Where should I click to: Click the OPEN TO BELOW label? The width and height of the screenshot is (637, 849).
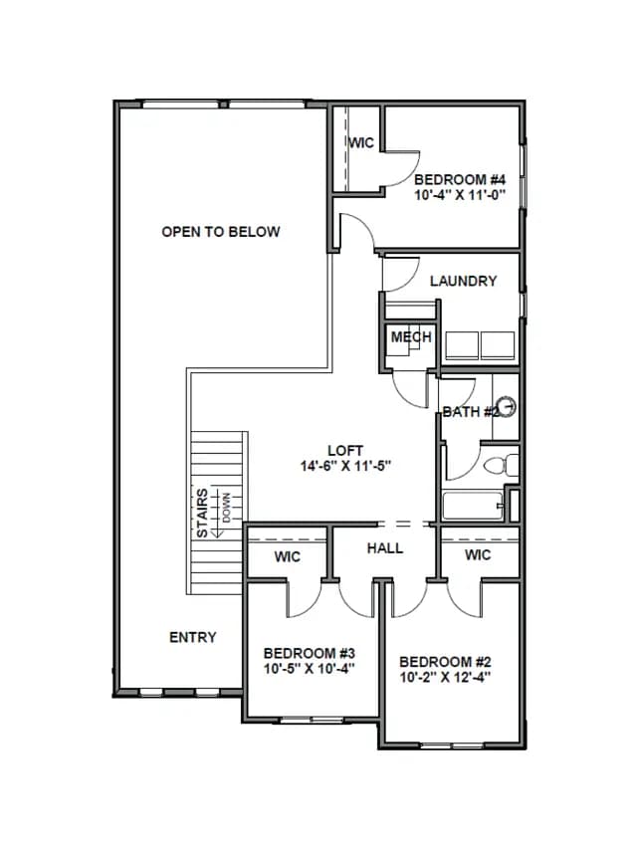click(x=220, y=232)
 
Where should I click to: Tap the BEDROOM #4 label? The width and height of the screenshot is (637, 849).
click(x=460, y=179)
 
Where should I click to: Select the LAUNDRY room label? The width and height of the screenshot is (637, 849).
click(x=463, y=281)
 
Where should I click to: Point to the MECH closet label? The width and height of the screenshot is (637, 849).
click(x=411, y=336)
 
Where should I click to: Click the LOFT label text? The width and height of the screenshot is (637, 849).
click(x=345, y=451)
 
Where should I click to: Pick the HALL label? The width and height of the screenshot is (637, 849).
click(x=385, y=548)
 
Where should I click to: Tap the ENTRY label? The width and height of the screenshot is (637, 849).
click(x=193, y=637)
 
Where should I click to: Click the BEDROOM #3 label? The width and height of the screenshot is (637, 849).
click(x=310, y=654)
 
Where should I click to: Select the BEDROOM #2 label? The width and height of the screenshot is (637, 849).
click(x=445, y=662)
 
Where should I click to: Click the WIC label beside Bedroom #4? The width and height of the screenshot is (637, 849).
click(x=361, y=143)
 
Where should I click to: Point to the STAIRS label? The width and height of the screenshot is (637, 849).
click(x=202, y=514)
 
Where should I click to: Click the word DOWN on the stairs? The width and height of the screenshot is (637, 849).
click(x=226, y=508)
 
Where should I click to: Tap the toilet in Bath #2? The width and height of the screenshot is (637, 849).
click(x=501, y=466)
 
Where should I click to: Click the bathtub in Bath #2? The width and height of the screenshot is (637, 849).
click(x=473, y=506)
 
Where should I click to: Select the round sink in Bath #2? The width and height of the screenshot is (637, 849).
click(x=507, y=407)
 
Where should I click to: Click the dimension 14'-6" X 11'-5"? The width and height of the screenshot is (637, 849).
click(x=345, y=466)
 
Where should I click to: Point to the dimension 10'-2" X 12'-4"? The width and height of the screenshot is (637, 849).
click(x=445, y=677)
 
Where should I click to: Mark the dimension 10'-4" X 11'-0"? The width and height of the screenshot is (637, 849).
click(x=460, y=194)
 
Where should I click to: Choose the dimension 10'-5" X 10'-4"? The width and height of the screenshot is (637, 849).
click(x=310, y=669)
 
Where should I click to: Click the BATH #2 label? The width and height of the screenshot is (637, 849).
click(x=470, y=412)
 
